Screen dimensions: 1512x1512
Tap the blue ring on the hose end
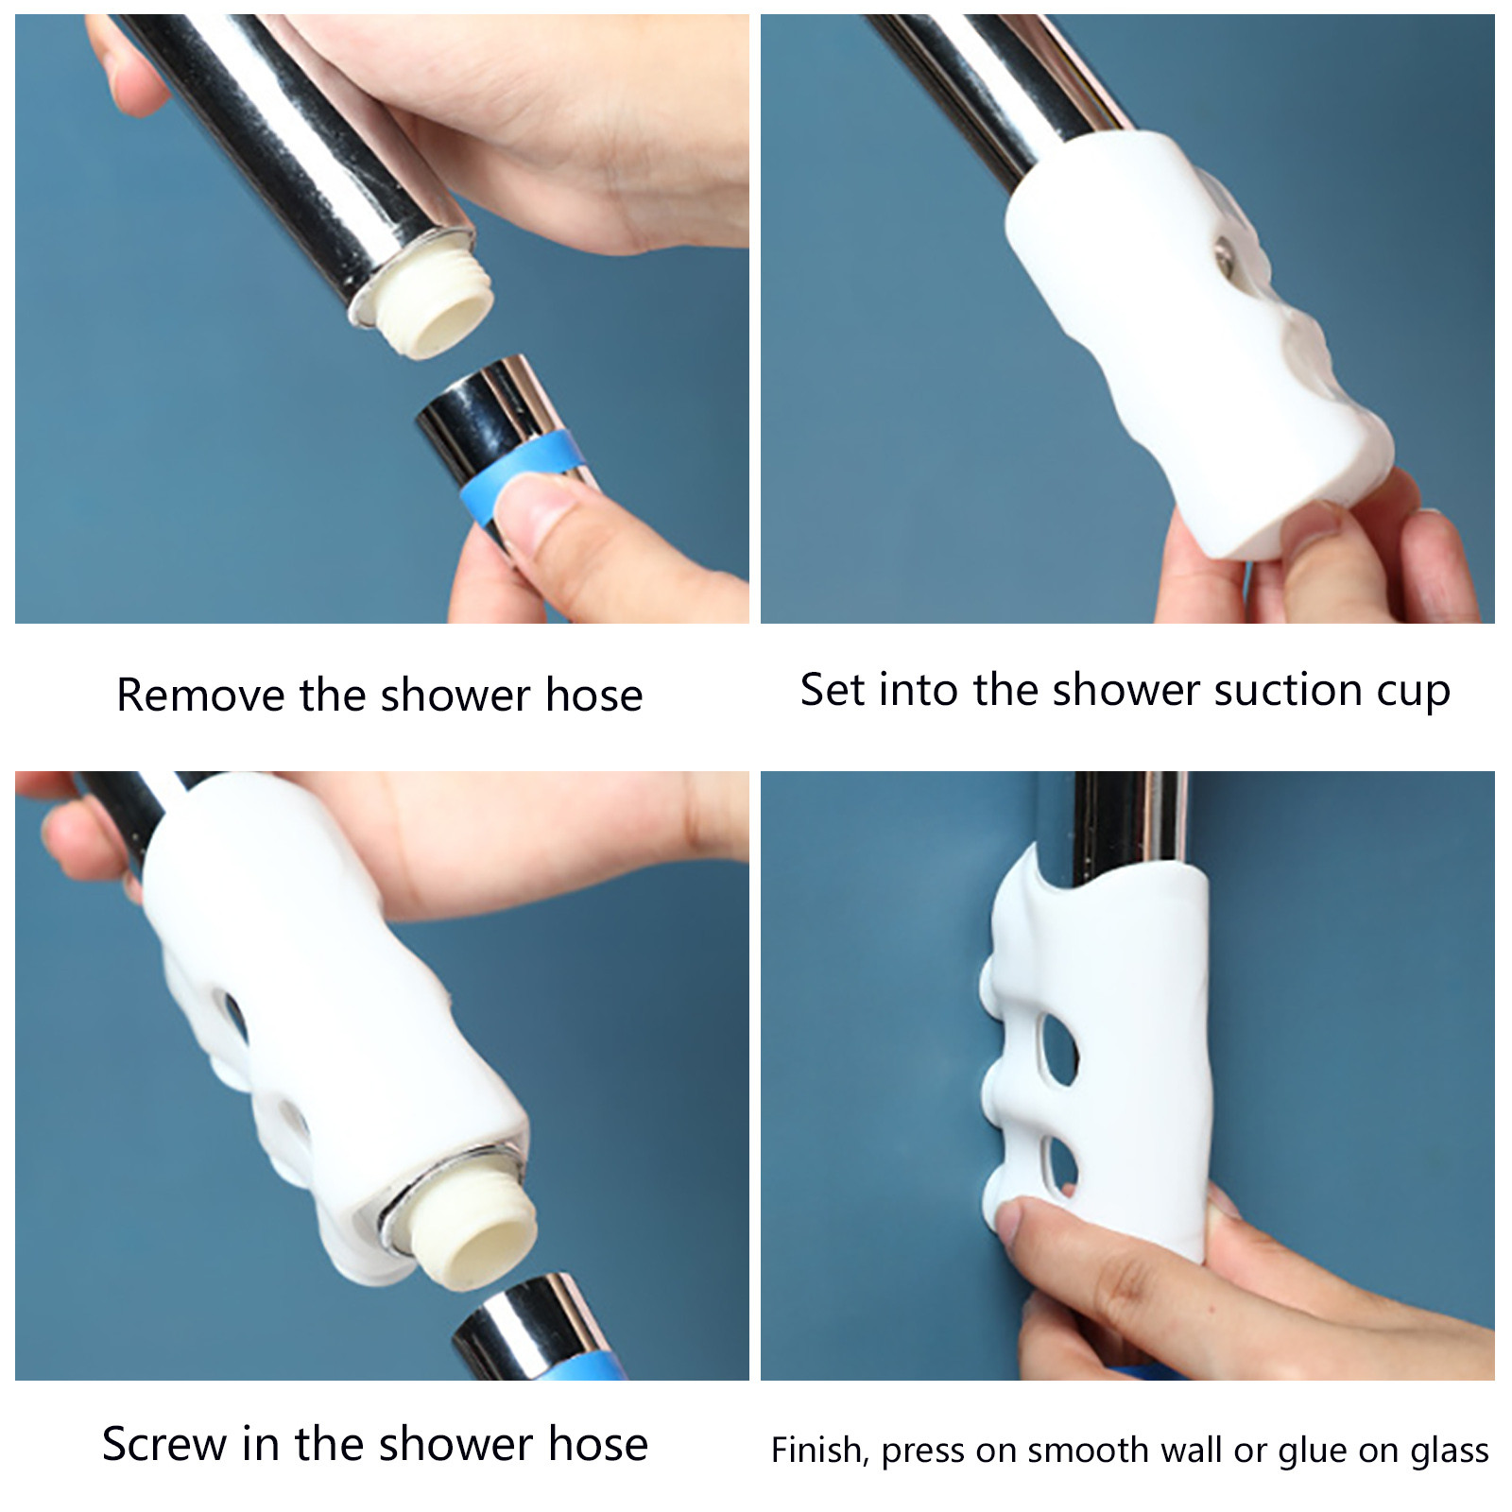(x=518, y=472)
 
